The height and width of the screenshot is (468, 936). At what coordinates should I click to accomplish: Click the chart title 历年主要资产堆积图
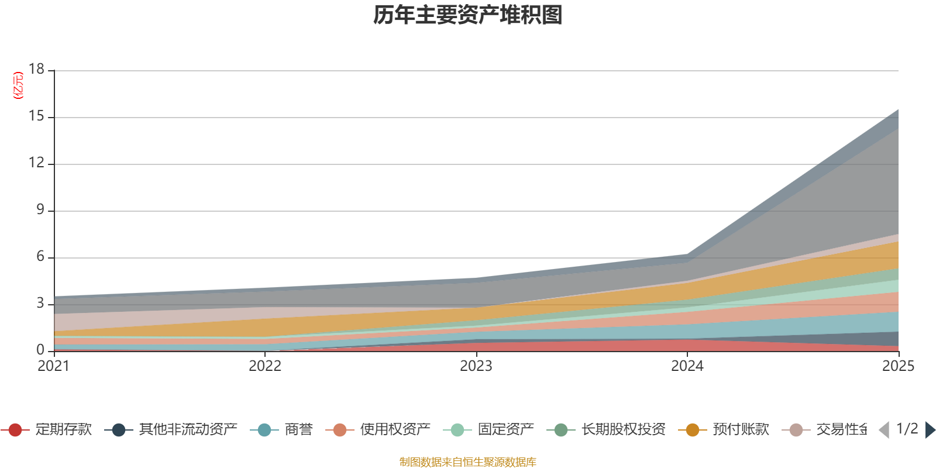tap(468, 15)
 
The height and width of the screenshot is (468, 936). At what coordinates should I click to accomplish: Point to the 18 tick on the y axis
tap(36, 69)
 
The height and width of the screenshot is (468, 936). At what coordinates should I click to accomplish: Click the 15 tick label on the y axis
tap(36, 116)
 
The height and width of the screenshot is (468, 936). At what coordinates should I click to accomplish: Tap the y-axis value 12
tap(36, 163)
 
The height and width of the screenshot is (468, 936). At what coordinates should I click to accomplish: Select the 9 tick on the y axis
tap(40, 210)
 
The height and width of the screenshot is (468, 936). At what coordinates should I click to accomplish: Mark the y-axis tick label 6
tap(40, 257)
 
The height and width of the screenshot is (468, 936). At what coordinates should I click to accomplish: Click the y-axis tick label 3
tap(40, 304)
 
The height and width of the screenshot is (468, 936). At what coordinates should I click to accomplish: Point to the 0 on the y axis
tap(40, 350)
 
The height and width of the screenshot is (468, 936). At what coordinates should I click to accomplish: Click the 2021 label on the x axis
tap(53, 366)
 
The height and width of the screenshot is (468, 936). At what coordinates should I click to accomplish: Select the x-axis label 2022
tap(265, 366)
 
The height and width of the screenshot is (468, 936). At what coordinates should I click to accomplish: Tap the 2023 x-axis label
tap(476, 366)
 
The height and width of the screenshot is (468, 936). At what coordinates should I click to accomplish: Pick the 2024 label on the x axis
tap(687, 366)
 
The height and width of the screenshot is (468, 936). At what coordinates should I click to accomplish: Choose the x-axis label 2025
tap(898, 366)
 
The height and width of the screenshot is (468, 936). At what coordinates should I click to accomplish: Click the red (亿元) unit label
tap(19, 85)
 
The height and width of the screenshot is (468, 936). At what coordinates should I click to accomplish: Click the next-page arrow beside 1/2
tap(930, 430)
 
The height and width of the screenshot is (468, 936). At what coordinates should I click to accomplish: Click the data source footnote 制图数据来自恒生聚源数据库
tap(468, 462)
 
